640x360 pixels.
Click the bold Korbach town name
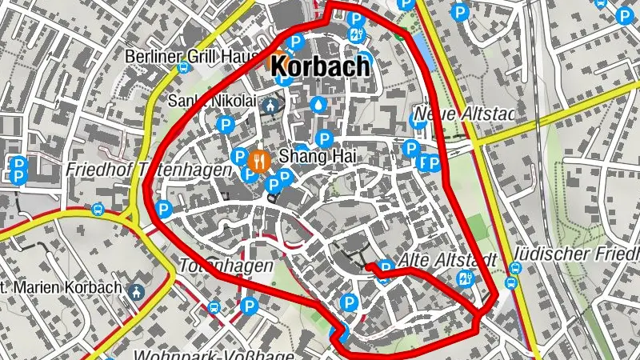pyautogui.click(x=320, y=66)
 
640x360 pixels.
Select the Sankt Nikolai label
pyautogui.click(x=211, y=101)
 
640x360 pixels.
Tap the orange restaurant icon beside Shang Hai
pyautogui.click(x=258, y=160)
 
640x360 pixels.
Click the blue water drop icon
pyautogui.click(x=319, y=104)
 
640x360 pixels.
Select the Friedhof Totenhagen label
pyautogui.click(x=149, y=170)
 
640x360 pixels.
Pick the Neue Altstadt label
pyautogui.click(x=462, y=114)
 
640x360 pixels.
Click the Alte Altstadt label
pyautogui.click(x=448, y=261)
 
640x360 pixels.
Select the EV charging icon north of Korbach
pyautogui.click(x=356, y=34)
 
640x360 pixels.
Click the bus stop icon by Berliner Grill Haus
pyautogui.click(x=183, y=68)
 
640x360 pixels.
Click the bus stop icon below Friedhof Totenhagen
pyautogui.click(x=98, y=210)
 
